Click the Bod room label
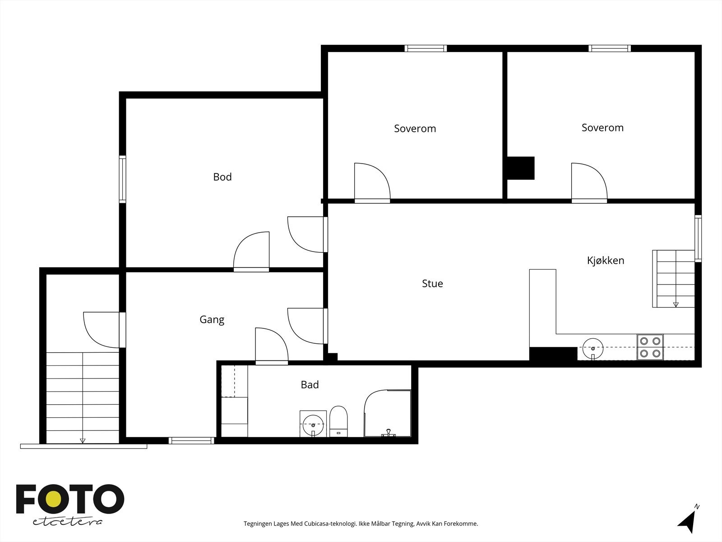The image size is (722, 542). (x=222, y=177)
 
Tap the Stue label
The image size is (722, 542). (x=432, y=283)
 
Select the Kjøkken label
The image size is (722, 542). (x=606, y=260)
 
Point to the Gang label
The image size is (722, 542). (x=212, y=319)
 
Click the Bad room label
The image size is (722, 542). (x=310, y=384)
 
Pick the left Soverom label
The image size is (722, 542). (x=415, y=128)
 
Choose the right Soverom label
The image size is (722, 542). (x=602, y=128)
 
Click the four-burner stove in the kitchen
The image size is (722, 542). (x=650, y=347)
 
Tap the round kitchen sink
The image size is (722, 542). (x=593, y=349)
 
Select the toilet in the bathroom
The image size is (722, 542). (x=338, y=421)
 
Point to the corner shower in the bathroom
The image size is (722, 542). (x=388, y=413)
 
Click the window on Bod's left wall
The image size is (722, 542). (x=122, y=179)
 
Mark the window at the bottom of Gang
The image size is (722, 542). (x=191, y=440)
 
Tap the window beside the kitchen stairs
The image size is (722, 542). (x=698, y=238)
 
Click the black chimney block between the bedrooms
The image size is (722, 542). (x=521, y=168)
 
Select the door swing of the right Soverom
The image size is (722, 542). (x=589, y=181)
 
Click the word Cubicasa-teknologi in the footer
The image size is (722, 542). (x=330, y=523)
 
